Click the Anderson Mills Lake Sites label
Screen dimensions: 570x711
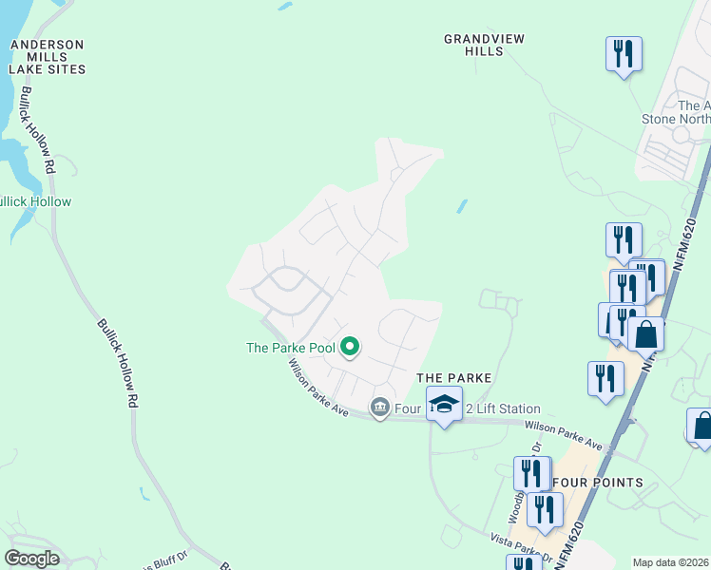pyautogui.click(x=47, y=57)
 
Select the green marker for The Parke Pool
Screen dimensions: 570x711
pyautogui.click(x=349, y=348)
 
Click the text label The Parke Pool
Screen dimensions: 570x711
pyautogui.click(x=290, y=348)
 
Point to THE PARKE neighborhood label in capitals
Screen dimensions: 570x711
pyautogui.click(x=454, y=378)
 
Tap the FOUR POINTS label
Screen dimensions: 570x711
pyautogui.click(x=597, y=483)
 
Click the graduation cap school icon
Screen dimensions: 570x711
pyautogui.click(x=443, y=404)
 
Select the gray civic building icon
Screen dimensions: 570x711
pyautogui.click(x=380, y=408)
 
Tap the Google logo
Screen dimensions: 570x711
pyautogui.click(x=31, y=559)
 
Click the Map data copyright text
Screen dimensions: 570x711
pyautogui.click(x=671, y=562)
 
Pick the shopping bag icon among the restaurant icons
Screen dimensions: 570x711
pyautogui.click(x=645, y=335)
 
